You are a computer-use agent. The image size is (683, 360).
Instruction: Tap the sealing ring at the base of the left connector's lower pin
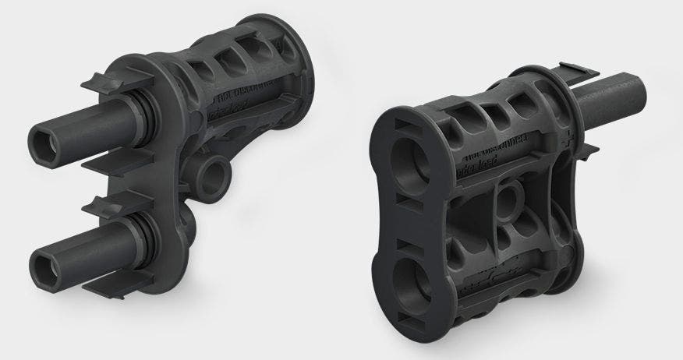tap(140, 235)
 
